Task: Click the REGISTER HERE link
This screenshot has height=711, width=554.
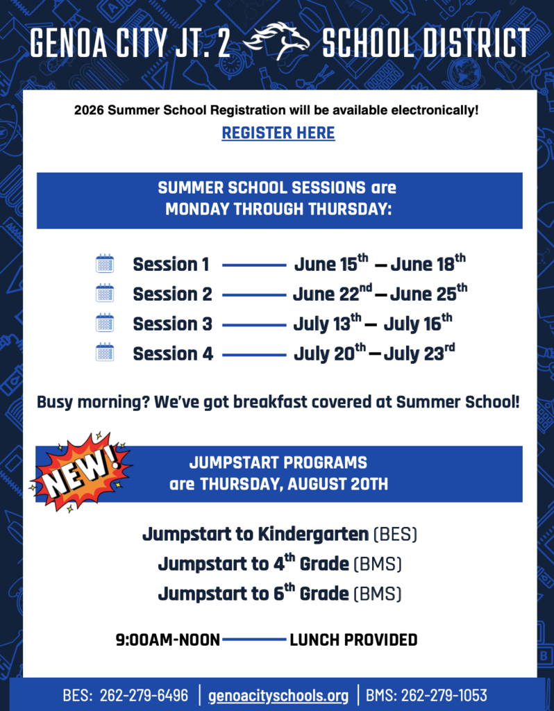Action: click(x=278, y=133)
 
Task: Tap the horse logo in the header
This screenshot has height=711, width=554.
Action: click(x=280, y=41)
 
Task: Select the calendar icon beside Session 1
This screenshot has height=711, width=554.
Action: click(x=105, y=264)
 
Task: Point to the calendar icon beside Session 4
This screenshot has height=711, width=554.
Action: click(x=105, y=353)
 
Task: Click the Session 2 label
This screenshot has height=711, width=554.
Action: click(x=172, y=294)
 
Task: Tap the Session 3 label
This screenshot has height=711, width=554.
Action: click(x=172, y=324)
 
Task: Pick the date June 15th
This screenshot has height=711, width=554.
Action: click(x=330, y=264)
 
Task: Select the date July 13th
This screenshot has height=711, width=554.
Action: click(x=327, y=324)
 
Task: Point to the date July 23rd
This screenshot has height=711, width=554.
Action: click(x=419, y=353)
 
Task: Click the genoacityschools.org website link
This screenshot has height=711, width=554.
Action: click(x=278, y=695)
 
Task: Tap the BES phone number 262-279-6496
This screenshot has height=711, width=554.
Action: click(x=144, y=695)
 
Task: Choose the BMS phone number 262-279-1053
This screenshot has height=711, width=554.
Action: click(x=444, y=695)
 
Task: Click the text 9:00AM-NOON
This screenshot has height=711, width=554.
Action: click(x=167, y=639)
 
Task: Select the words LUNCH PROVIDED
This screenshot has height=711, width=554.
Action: click(x=353, y=639)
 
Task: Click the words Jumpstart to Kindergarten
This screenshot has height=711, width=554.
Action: click(x=255, y=535)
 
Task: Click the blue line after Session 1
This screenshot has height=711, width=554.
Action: click(x=254, y=265)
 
